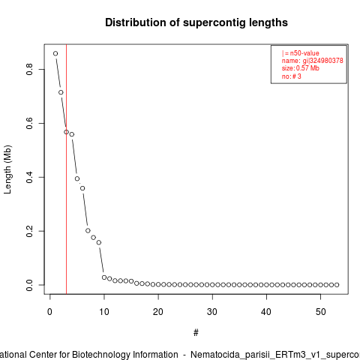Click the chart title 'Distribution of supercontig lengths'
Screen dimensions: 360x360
(196, 22)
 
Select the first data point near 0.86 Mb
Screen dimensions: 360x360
(55, 53)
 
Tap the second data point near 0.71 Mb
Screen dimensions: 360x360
(61, 92)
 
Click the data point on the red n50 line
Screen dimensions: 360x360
(66, 132)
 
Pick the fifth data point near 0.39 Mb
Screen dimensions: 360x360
(77, 178)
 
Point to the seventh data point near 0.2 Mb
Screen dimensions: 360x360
(88, 230)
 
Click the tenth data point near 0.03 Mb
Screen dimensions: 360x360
(104, 277)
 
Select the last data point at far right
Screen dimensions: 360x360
(337, 285)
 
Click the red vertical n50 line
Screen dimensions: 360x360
(67, 169)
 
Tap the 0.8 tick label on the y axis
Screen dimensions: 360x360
(29, 69)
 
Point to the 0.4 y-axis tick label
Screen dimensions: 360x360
(29, 177)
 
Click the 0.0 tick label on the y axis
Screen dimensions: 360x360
(29, 285)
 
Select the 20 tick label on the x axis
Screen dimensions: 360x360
(158, 312)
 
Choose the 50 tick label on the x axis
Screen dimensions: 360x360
(321, 312)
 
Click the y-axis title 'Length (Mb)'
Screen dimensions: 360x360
(7, 169)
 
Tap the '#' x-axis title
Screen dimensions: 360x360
(196, 333)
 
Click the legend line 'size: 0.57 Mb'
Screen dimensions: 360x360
(301, 68)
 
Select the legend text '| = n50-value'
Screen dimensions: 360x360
(301, 53)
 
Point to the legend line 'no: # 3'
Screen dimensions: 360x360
(292, 76)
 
